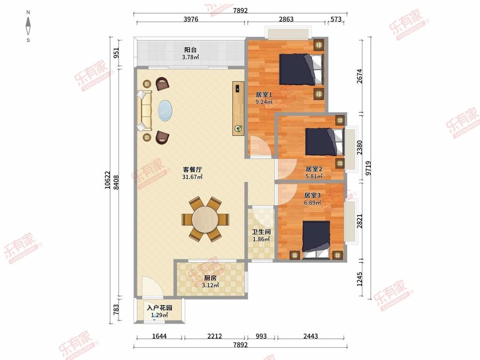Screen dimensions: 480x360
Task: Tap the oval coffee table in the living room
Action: (165, 111)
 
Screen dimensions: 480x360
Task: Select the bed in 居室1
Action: (302, 69)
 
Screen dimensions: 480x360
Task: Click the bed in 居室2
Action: (325, 142)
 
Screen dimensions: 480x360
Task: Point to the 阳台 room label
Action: (190, 49)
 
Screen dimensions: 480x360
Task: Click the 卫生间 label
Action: (261, 232)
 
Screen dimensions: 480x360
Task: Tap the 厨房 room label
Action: (210, 278)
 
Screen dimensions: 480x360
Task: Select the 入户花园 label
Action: (160, 308)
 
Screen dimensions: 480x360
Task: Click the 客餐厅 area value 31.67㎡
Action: (192, 177)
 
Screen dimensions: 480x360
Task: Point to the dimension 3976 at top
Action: (191, 19)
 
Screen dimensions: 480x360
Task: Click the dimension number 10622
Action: (107, 180)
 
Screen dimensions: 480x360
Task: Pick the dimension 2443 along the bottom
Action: (311, 336)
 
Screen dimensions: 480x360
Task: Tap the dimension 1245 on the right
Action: (360, 279)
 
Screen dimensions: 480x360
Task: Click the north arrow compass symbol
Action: (28, 26)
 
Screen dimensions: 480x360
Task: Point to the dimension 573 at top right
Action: (336, 19)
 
